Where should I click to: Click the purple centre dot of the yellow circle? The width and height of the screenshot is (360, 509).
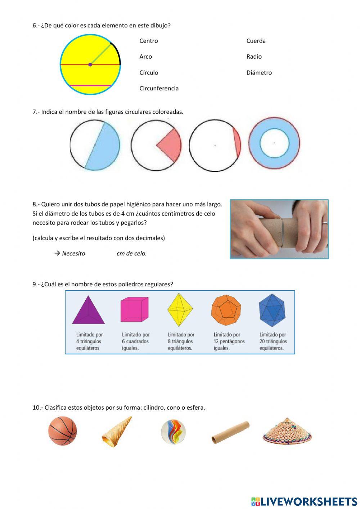[90, 64]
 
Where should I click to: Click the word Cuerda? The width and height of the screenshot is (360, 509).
[256, 41]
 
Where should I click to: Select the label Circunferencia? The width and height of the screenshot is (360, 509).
[159, 88]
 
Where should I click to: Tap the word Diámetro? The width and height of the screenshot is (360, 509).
[259, 72]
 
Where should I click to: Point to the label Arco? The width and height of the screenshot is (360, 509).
[145, 57]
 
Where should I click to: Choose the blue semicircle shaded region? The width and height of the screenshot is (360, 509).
[104, 148]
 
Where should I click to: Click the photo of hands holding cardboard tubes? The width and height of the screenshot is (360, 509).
[279, 229]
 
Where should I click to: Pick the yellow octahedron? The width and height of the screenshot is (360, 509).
[180, 310]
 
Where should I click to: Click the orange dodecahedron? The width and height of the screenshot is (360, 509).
[226, 310]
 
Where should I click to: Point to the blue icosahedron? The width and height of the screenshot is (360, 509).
[272, 310]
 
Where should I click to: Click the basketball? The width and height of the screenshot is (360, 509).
[63, 431]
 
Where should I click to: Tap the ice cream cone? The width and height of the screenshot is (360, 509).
[116, 432]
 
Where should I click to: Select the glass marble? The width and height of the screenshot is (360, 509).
[173, 432]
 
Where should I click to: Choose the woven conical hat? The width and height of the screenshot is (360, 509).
[287, 431]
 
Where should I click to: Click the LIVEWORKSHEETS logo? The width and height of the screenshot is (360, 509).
[304, 501]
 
